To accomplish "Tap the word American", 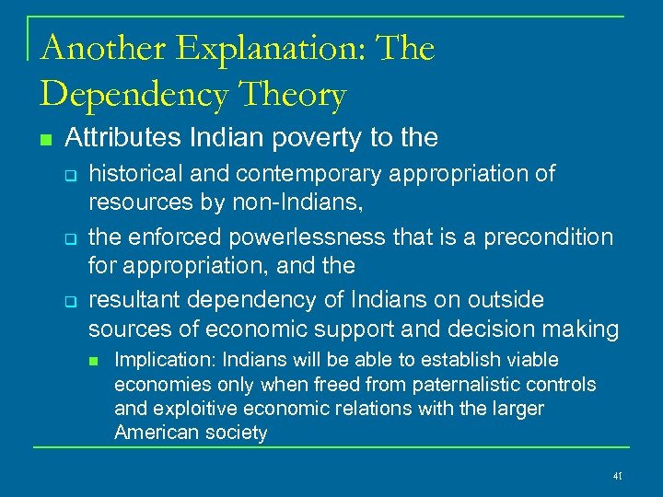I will (148, 432).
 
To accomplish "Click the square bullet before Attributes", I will (43, 140).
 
